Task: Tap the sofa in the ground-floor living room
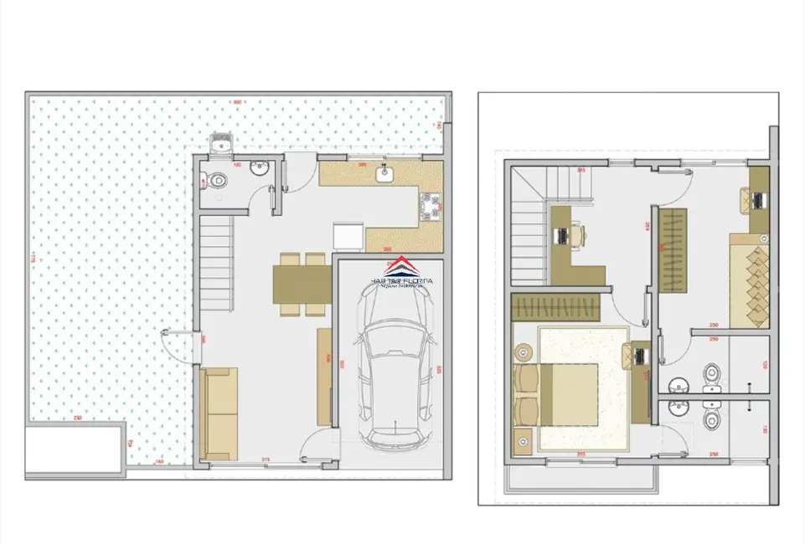tap(219, 413)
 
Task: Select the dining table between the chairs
tap(302, 284)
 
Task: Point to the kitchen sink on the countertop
tap(385, 175)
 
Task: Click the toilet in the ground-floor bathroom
tap(215, 180)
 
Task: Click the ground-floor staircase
tap(216, 260)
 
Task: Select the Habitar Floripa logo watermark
tap(403, 274)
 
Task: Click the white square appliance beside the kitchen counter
tap(348, 236)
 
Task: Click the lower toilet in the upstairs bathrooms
tap(712, 418)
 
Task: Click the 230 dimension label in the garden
tap(77, 418)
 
